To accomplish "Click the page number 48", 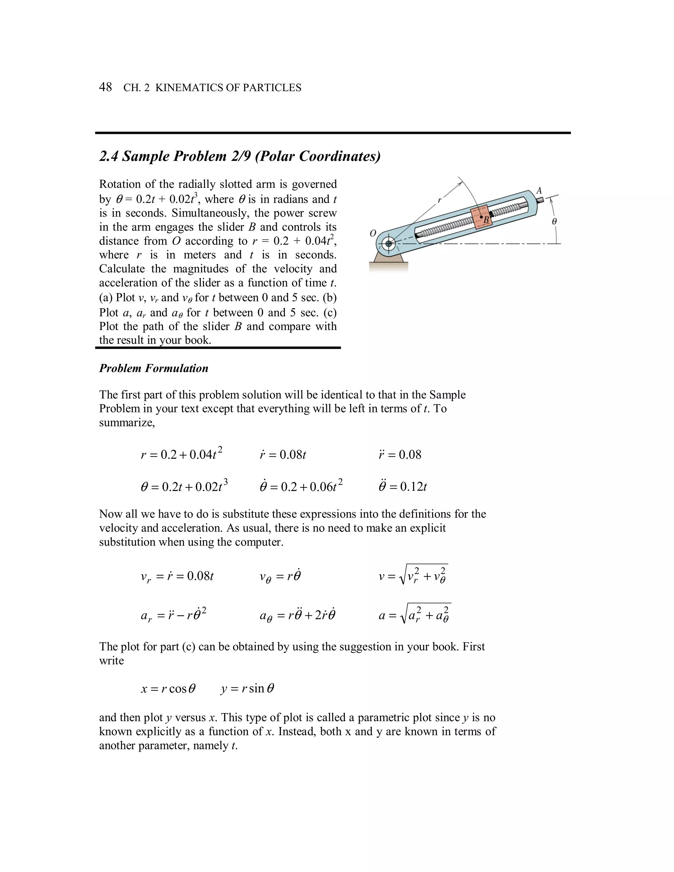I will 105,87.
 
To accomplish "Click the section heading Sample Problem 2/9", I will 240,156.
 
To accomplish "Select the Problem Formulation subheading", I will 154,368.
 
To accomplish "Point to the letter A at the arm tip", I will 539,191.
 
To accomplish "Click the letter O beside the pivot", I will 373,234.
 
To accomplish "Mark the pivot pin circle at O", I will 388,243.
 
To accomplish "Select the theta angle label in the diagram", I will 554,221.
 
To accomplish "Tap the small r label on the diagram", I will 439,201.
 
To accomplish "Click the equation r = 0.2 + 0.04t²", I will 182,454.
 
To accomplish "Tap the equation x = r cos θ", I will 168,689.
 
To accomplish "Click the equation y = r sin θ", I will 247,689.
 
